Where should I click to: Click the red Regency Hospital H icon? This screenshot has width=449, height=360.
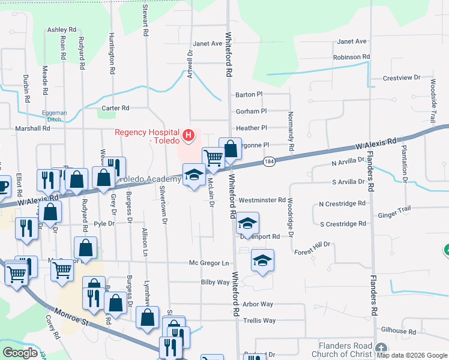188,136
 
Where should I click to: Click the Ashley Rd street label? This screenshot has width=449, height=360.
62,29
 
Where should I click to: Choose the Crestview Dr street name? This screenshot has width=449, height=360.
402,79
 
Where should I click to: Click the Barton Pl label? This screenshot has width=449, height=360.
249,95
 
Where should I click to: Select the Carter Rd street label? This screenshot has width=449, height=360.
115,108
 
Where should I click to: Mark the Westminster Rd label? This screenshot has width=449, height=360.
261,200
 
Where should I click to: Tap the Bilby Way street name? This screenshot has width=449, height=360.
215,282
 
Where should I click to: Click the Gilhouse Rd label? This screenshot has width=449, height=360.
399,331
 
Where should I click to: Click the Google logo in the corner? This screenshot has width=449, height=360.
20,353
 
